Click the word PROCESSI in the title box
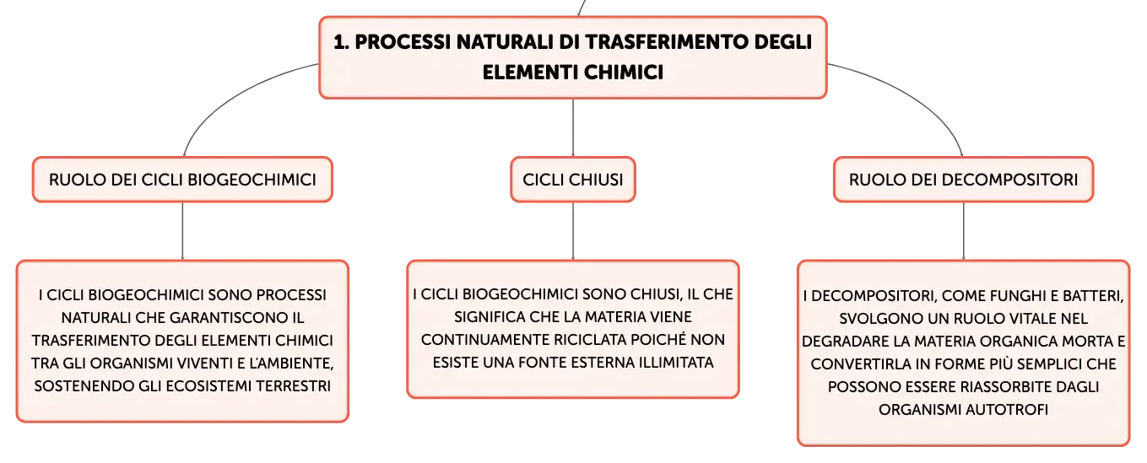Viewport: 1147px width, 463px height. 402,42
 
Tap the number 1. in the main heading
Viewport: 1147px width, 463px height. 342,42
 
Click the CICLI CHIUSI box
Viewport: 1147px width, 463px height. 573,180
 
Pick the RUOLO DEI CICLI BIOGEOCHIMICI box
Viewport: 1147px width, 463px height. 182,180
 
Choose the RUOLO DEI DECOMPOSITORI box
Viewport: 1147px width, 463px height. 963,180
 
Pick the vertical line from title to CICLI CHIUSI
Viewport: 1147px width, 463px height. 573,127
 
